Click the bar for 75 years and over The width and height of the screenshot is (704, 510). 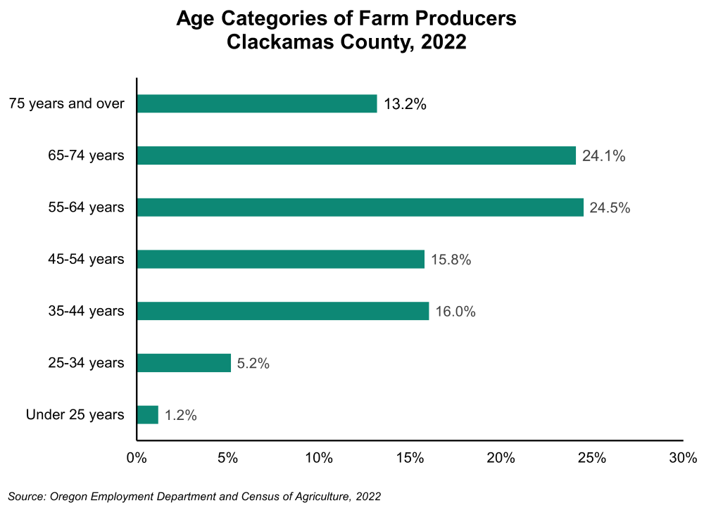tap(257, 104)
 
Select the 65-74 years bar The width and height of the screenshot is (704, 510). tap(356, 155)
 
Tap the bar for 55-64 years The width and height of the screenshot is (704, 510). tap(360, 208)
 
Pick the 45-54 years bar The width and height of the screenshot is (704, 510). tap(281, 260)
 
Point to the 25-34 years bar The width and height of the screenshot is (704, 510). tap(184, 363)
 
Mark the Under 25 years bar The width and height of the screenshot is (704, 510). tap(148, 415)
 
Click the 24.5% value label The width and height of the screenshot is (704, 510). tap(610, 208)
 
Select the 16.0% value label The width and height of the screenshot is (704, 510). tap(455, 312)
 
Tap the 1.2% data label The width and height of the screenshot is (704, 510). tap(181, 415)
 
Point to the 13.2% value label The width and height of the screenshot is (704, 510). tap(406, 105)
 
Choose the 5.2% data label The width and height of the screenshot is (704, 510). tap(253, 364)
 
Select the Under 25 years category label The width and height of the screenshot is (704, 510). tap(75, 415)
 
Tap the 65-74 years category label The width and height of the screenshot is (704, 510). tap(82, 155)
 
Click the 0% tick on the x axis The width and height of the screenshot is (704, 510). tap(136, 459)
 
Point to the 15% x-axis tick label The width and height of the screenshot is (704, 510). tap(410, 459)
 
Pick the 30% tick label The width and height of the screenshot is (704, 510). tap(683, 459)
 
